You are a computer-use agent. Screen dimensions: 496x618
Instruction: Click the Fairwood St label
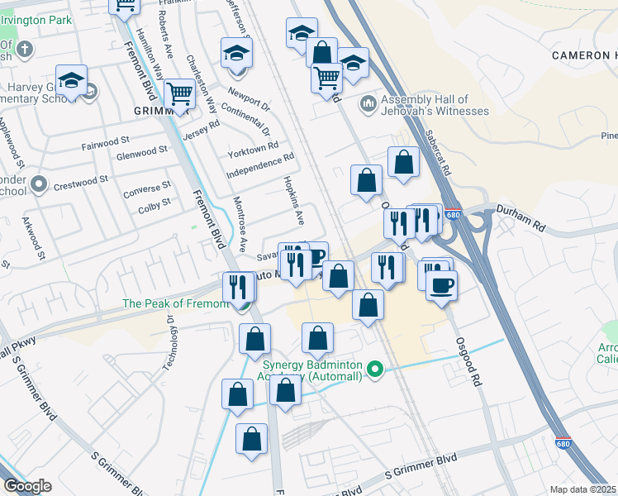coord(106,144)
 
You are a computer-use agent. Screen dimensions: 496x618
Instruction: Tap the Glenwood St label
coord(141,151)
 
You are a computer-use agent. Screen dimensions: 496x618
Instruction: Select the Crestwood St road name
coord(81,181)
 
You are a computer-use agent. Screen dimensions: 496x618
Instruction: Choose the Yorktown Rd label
coord(253,149)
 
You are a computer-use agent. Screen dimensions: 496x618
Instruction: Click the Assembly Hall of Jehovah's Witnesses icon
coord(368,105)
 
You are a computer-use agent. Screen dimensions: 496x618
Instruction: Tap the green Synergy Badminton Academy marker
coord(377,369)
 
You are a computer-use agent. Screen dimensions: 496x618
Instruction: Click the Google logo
coord(27,486)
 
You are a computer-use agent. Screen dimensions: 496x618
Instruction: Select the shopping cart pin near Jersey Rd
coord(178,94)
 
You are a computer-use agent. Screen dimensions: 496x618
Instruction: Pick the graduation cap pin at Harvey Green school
coord(72,81)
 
